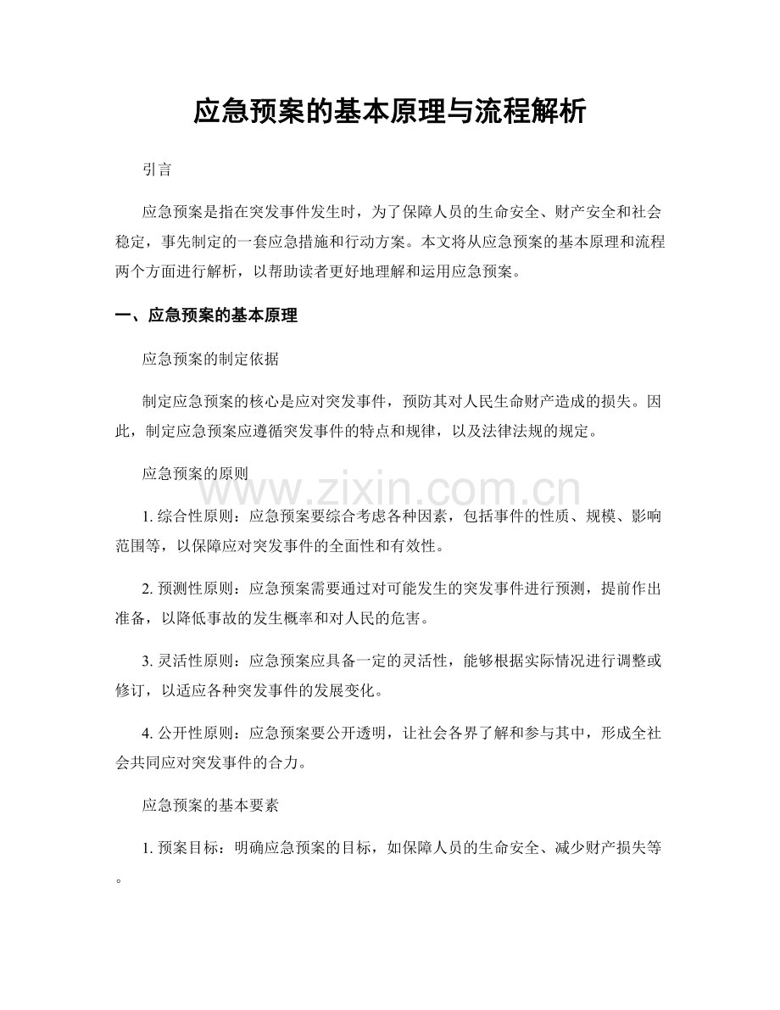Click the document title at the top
point(389,112)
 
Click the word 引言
point(158,170)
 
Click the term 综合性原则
point(192,517)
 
